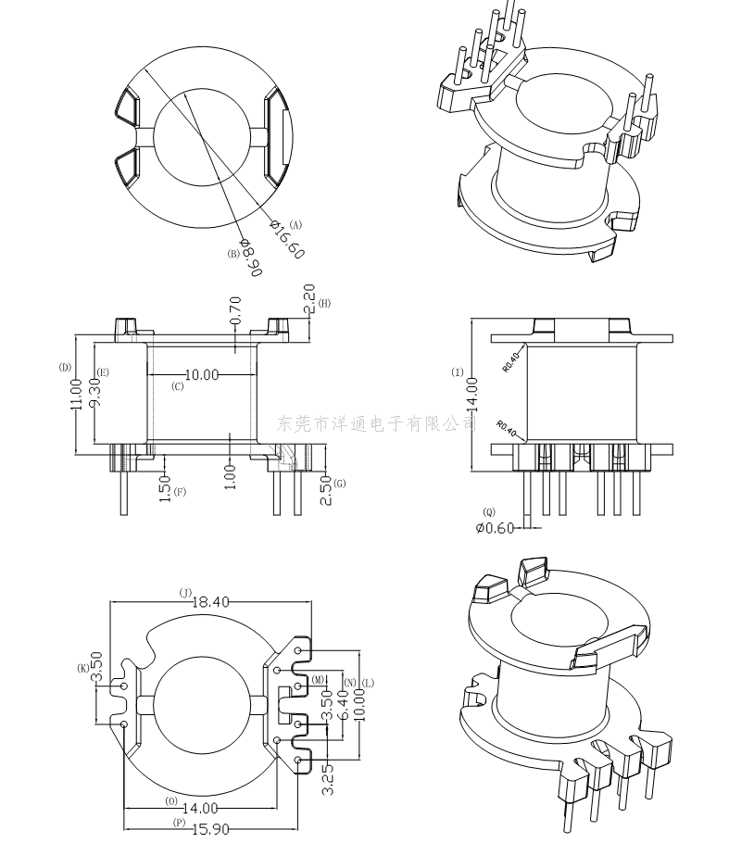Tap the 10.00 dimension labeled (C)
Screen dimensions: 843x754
click(x=202, y=374)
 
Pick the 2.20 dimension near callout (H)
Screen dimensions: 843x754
click(x=308, y=298)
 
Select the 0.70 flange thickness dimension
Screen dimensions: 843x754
click(x=235, y=310)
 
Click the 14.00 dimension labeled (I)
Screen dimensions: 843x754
click(x=472, y=394)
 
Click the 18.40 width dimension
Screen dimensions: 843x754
click(x=210, y=601)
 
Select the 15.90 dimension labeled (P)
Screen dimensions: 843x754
click(x=210, y=829)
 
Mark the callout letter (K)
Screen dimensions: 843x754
click(x=84, y=668)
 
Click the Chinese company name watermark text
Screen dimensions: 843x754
click(x=377, y=423)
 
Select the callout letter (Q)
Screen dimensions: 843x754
click(x=489, y=511)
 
